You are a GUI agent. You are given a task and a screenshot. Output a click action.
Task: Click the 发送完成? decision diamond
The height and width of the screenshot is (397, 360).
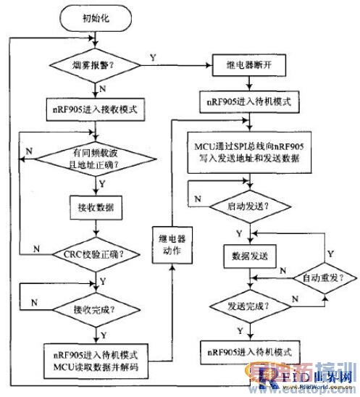[x=248, y=306]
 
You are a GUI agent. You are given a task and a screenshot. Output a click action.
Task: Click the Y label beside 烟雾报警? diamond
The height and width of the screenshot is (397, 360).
[x=151, y=57]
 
